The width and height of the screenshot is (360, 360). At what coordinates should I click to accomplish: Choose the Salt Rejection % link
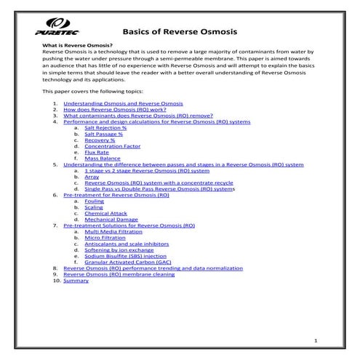(105, 128)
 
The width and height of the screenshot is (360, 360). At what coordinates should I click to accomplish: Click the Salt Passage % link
(104, 135)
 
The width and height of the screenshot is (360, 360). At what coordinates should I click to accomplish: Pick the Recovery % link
(100, 140)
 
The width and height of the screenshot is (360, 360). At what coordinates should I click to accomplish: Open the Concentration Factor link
(113, 146)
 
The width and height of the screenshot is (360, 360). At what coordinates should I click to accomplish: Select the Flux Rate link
(97, 152)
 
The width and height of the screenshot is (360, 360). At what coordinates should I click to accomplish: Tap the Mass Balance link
(103, 159)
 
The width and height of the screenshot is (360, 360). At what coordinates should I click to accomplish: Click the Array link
(92, 177)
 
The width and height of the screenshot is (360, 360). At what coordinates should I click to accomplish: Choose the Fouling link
(94, 201)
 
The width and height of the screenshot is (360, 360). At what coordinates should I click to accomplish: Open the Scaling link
(94, 207)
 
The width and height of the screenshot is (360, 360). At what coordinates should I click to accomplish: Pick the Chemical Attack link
(105, 213)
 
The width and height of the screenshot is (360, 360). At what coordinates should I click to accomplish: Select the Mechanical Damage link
(111, 219)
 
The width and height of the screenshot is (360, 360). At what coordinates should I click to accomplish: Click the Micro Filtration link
(105, 237)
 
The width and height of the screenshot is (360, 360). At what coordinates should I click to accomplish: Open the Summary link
(76, 280)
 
